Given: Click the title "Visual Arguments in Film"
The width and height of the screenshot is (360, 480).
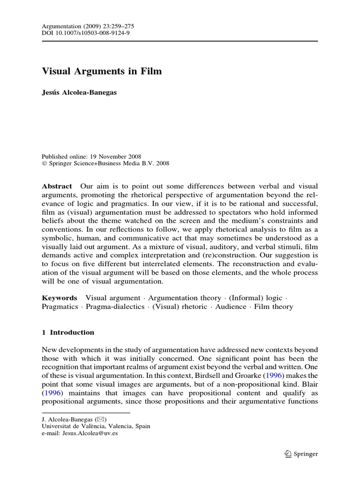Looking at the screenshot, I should coord(102,71).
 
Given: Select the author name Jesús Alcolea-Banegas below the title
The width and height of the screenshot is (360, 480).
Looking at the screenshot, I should coord(80,92).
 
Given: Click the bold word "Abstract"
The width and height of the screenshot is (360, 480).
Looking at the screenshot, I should coord(57,186).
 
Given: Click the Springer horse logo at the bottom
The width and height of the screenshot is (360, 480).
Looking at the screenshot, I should coord(288,454).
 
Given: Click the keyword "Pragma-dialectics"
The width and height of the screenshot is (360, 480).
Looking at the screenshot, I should coord(116,307).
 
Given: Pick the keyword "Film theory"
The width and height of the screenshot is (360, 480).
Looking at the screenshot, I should coord(274,307).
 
